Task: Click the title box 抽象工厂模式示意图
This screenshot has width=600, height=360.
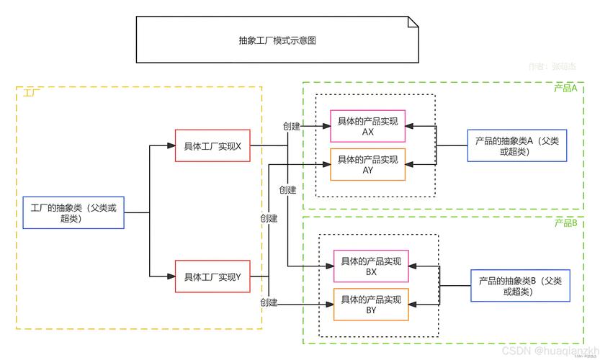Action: point(277,41)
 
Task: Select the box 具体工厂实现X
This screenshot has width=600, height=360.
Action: point(212,145)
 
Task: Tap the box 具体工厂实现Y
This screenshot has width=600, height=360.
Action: point(212,277)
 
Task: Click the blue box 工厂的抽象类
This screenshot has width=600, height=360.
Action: point(73,212)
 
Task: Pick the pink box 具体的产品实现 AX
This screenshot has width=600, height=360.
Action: point(367,126)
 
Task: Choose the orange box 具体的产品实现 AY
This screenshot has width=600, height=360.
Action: point(367,164)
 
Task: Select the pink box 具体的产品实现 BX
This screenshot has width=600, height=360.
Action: point(371,266)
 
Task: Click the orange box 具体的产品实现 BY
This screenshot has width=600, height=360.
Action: point(371,304)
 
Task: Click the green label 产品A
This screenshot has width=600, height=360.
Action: point(565,88)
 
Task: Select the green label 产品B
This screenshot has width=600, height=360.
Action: point(565,223)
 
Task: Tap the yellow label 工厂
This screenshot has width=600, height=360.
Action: point(30,94)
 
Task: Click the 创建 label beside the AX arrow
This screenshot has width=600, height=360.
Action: point(291,126)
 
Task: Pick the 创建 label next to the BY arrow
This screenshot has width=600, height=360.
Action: point(269,302)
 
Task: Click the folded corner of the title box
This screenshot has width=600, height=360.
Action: point(413,23)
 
